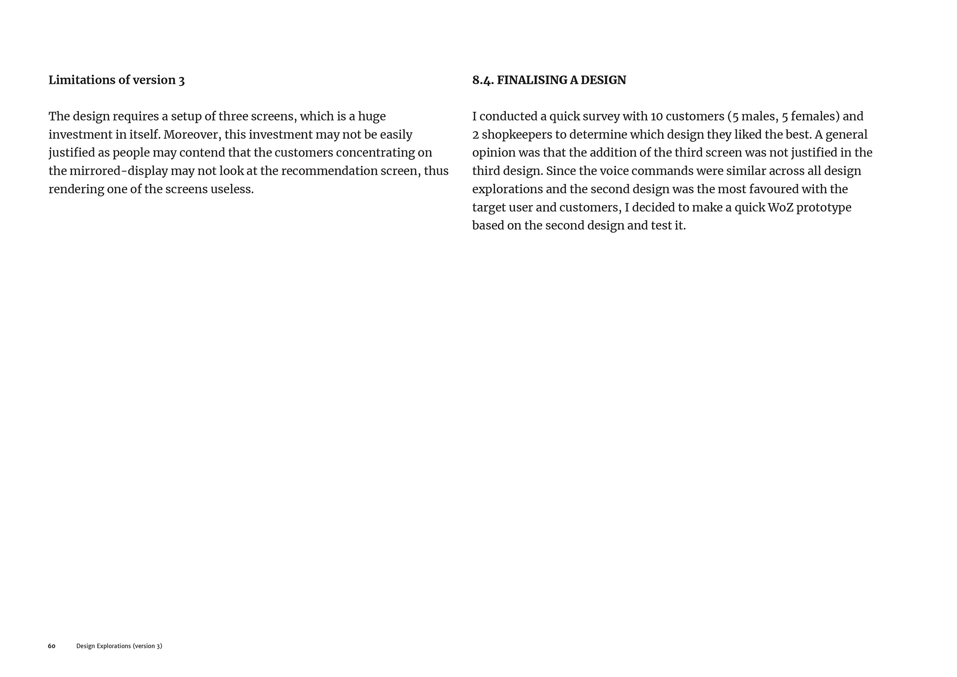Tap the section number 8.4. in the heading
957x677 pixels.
tap(483, 80)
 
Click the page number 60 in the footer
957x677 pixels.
tap(52, 646)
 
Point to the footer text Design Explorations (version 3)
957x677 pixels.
tap(119, 646)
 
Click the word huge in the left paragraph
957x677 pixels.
tap(372, 116)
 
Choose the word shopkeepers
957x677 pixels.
tap(516, 135)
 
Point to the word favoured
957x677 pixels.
tap(774, 189)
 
